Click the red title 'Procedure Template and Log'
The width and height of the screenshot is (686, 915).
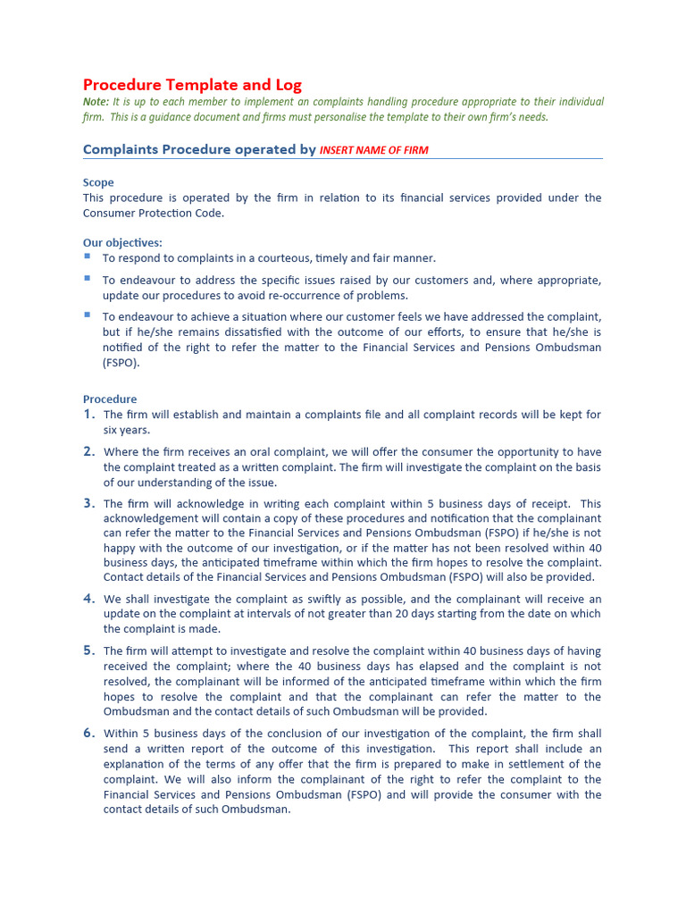(192, 85)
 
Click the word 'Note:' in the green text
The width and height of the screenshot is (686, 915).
(96, 102)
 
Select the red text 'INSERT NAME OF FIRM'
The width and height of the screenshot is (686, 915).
(373, 150)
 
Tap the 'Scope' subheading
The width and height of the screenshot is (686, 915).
(98, 182)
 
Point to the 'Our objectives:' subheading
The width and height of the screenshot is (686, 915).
(122, 242)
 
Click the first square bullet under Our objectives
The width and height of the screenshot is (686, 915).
(88, 256)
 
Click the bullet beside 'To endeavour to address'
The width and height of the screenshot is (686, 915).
(88, 279)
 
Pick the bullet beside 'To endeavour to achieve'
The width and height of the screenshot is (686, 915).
(88, 315)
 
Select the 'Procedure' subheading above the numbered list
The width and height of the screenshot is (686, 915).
(110, 399)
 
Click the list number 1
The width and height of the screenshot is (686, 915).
(88, 415)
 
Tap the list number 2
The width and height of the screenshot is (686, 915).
(88, 451)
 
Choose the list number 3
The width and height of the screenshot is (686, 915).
(88, 503)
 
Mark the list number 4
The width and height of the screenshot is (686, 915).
(88, 598)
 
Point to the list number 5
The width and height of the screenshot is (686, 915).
(88, 651)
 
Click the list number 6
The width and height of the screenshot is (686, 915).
(88, 733)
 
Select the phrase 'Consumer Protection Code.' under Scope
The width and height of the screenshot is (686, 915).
(154, 213)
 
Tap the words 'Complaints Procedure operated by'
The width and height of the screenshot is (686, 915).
(199, 149)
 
